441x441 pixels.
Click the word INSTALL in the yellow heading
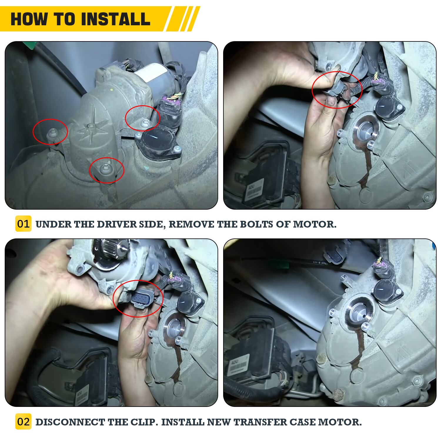pos(116,19)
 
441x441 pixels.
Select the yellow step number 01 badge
pos(23,224)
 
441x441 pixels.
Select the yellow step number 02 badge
pos(23,422)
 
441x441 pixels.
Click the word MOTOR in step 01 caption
pos(315,224)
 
